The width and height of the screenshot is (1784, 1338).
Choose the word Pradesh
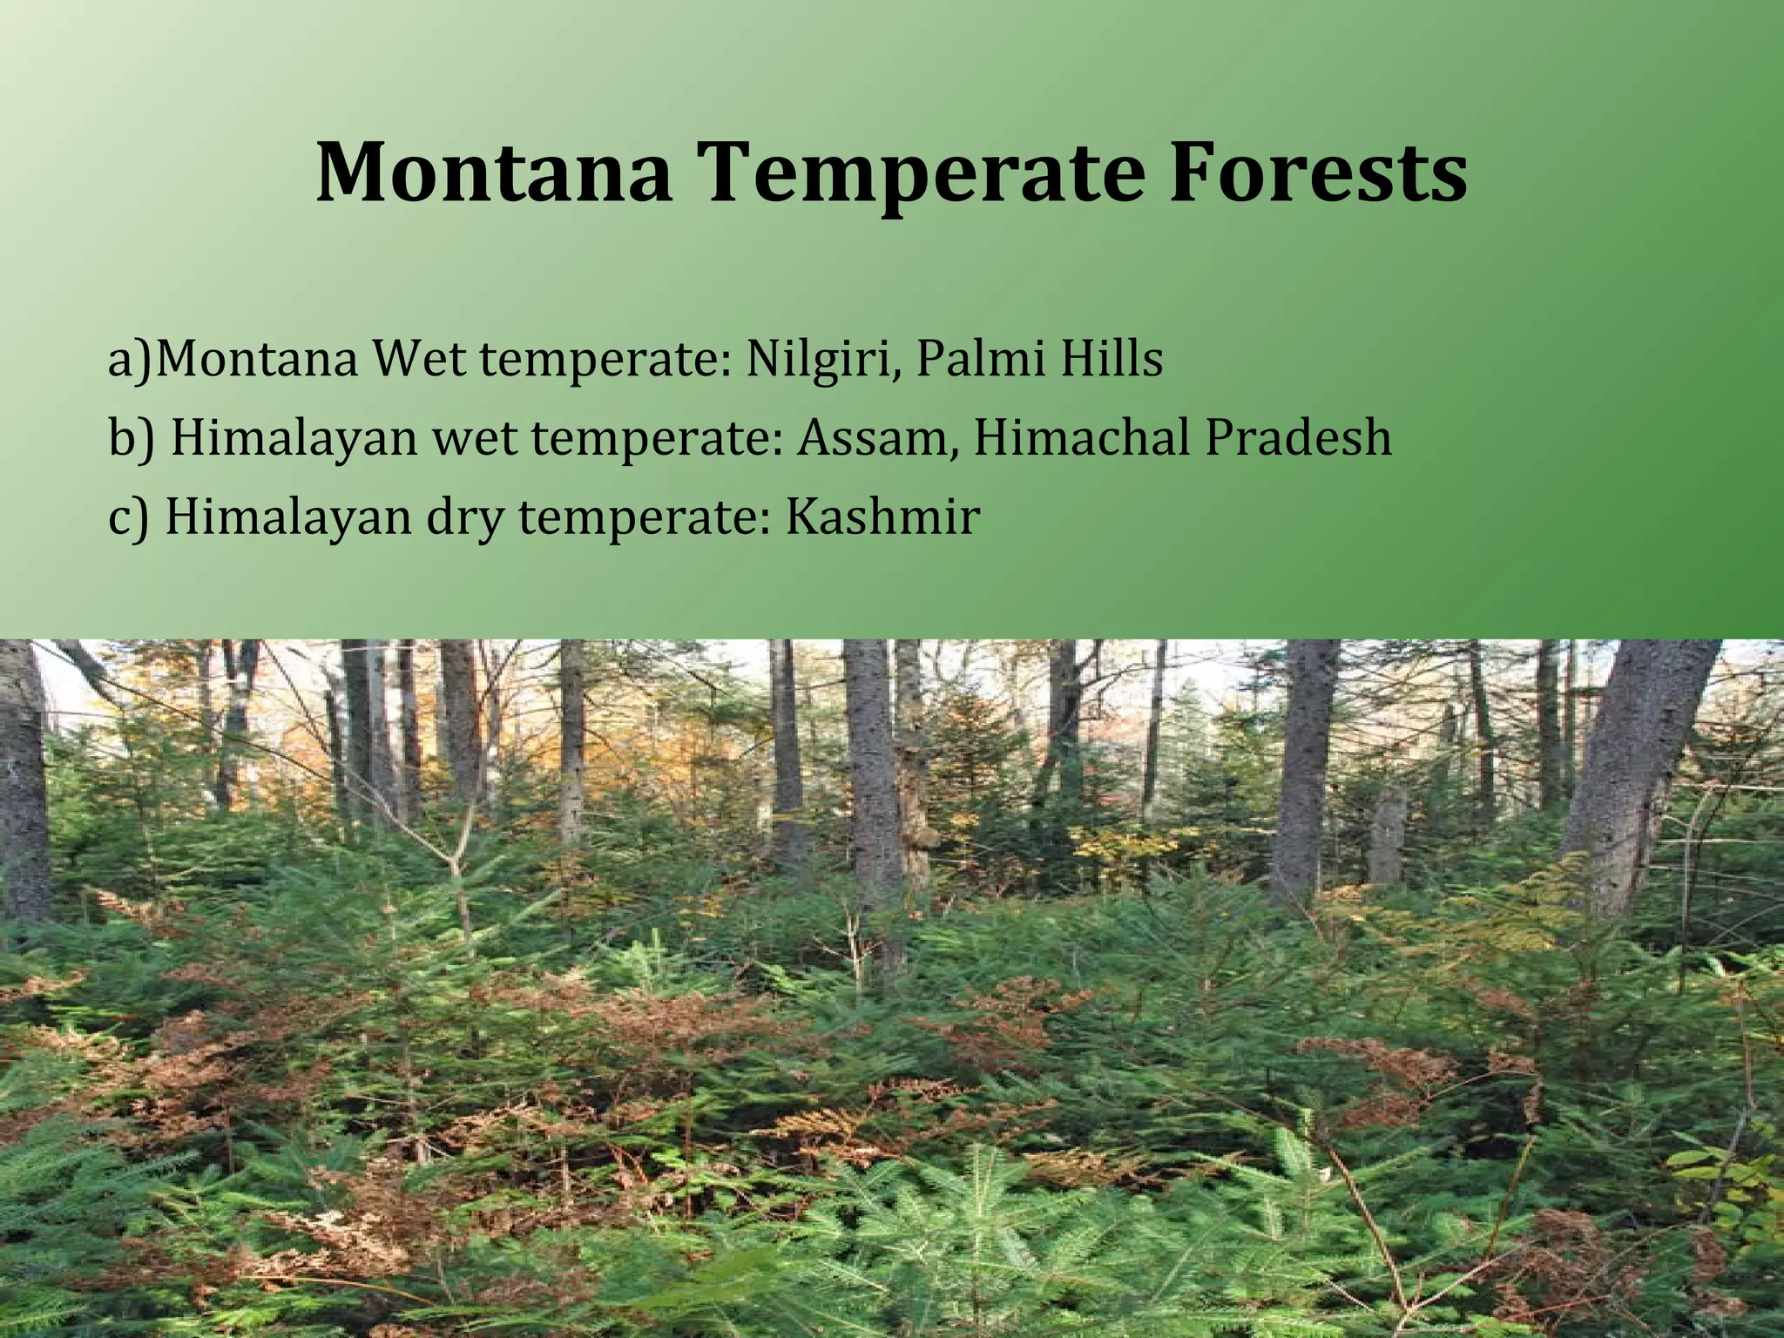click(1298, 437)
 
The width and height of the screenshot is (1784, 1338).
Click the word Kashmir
click(882, 516)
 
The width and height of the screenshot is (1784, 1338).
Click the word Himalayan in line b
click(294, 438)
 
